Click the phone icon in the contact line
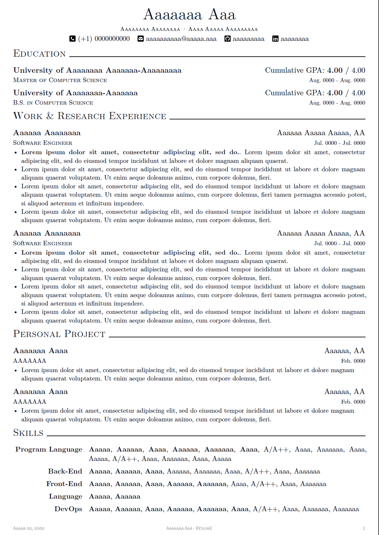tap(73, 39)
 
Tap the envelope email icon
tap(141, 39)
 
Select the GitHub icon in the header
tap(228, 39)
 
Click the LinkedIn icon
tap(275, 39)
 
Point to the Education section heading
tap(40, 54)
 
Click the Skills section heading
tap(28, 433)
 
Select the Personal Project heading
tap(59, 334)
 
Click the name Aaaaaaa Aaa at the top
tap(189, 15)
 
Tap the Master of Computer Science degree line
tap(60, 80)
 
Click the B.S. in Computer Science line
tap(53, 103)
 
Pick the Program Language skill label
tap(49, 449)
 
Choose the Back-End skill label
tap(65, 471)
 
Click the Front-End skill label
tap(64, 484)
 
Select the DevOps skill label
tap(68, 509)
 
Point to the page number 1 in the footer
tap(364, 528)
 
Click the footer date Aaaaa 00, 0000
tap(29, 528)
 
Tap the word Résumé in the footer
tap(204, 528)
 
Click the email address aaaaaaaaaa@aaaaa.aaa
tap(181, 39)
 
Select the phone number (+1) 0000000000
tap(104, 39)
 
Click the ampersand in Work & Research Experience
tap(50, 116)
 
